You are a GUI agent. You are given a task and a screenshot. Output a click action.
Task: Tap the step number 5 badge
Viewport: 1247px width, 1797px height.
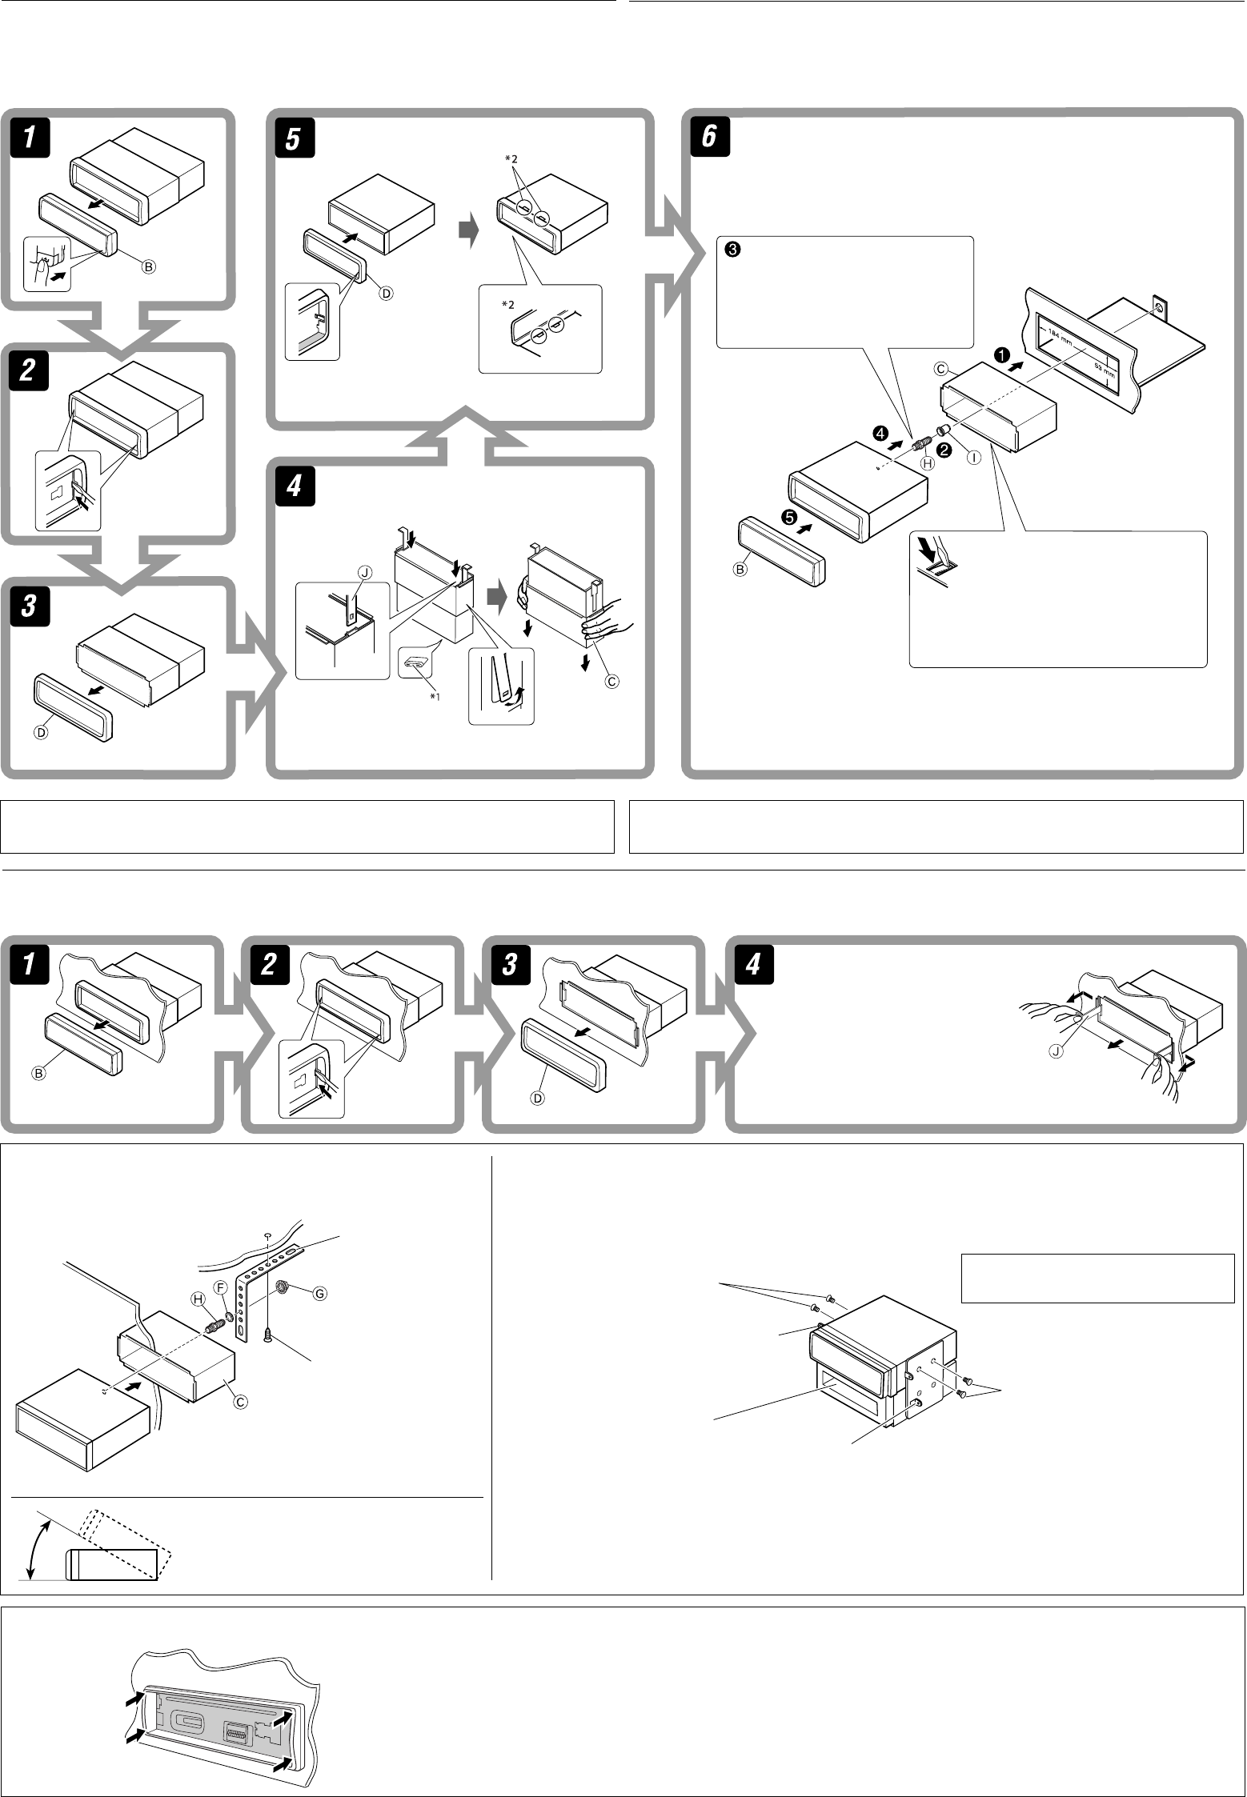click(x=293, y=138)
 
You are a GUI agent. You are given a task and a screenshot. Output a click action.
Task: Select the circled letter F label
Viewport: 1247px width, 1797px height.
click(x=223, y=1285)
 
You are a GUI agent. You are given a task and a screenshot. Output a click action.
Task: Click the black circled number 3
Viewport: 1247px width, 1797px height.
click(x=730, y=250)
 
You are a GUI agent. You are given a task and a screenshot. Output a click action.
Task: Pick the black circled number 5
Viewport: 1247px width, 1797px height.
click(x=790, y=518)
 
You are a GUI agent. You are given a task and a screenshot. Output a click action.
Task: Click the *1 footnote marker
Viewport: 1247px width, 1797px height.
click(x=435, y=696)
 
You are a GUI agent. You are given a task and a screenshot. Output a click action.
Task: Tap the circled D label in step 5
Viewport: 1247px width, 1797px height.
click(x=385, y=293)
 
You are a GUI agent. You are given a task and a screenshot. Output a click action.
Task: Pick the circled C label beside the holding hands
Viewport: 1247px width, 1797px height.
click(x=612, y=681)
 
